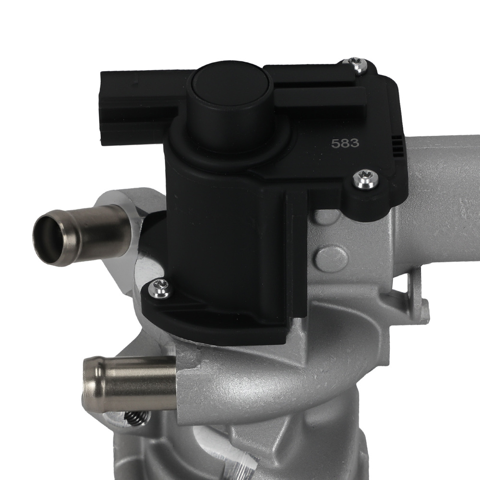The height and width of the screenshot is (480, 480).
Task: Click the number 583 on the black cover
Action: pos(343,143)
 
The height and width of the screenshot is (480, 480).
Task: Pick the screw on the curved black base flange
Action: pos(160,289)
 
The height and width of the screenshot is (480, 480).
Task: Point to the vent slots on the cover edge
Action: pos(398,144)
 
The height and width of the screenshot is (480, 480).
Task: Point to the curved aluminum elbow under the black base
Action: pos(250,384)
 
